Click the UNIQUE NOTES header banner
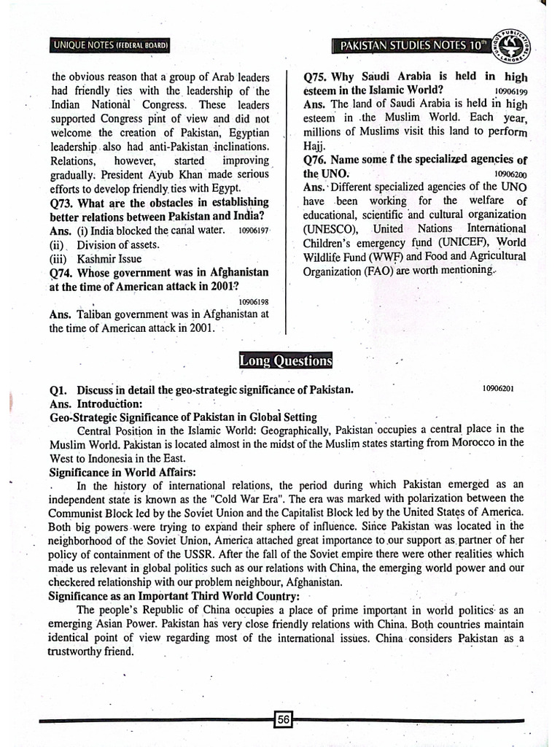111,46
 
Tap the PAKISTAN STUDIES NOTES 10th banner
413,46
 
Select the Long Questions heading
286,360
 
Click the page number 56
283,720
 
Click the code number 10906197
254,231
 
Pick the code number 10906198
254,301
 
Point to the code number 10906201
498,389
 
